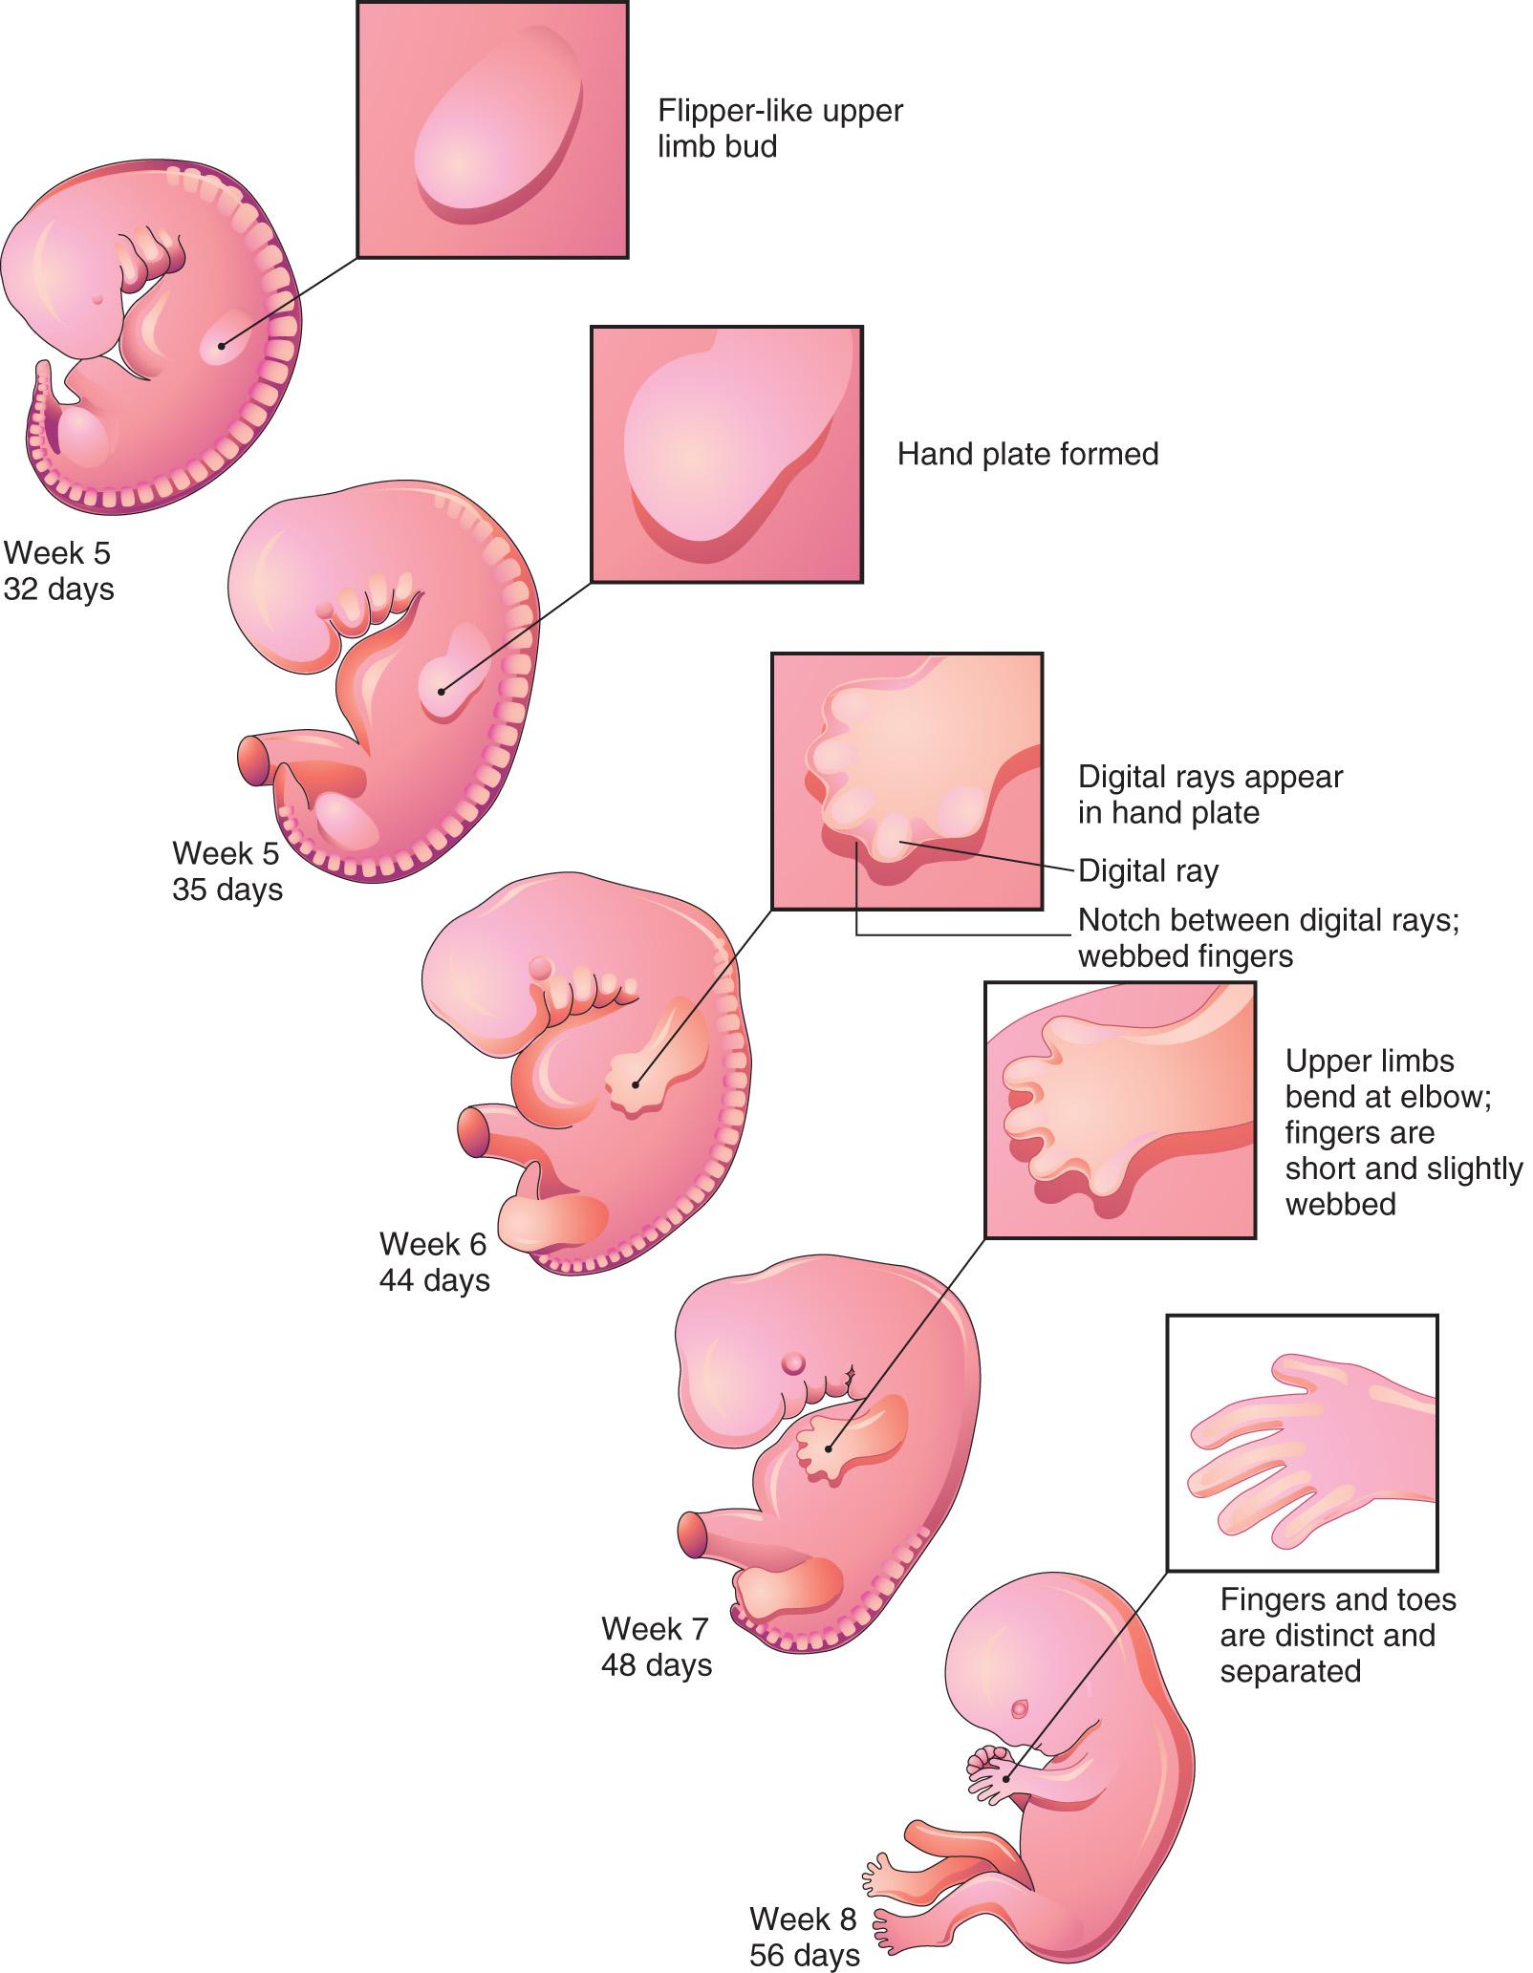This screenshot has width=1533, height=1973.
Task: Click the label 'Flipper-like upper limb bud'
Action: (779, 128)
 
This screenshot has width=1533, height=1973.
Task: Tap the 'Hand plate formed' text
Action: (1027, 453)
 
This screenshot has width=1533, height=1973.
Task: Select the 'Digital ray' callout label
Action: (1148, 870)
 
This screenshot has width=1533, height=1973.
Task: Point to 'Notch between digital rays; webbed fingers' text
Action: (1268, 937)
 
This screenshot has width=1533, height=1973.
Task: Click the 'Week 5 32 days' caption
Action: (58, 570)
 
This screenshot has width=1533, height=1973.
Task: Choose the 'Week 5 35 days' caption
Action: (227, 870)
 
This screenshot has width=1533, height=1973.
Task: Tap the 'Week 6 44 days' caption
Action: (434, 1261)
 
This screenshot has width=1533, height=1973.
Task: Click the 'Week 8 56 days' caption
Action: (804, 1936)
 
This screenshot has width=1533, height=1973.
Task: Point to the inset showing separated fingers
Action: (1302, 1443)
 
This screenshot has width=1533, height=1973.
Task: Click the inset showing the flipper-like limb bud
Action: (492, 130)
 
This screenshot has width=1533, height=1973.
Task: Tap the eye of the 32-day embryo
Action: (97, 298)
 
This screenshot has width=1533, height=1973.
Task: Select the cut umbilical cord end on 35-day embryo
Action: (254, 761)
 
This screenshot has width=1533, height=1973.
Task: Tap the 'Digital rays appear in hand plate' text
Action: (1210, 794)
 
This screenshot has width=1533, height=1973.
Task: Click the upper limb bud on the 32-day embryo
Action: (223, 345)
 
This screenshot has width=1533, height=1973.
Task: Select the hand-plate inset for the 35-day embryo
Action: (726, 455)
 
